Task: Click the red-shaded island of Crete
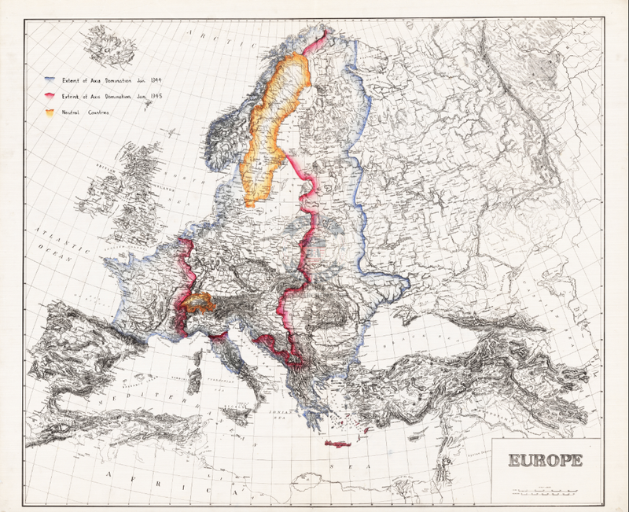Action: coord(347,444)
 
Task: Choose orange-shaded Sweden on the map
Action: coord(271,134)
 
